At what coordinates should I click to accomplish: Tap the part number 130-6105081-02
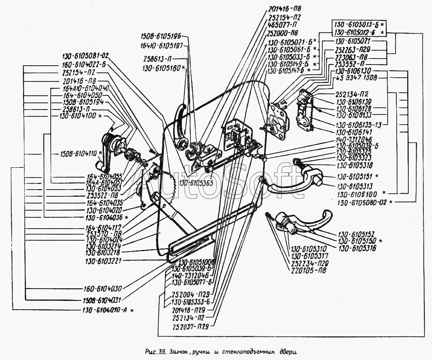[x=84, y=55]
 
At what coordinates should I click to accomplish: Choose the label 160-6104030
[x=102, y=289]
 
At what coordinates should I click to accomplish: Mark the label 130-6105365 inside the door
[x=196, y=183]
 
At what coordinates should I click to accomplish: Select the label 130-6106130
[x=353, y=71]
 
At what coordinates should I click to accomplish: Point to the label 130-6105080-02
[x=363, y=202]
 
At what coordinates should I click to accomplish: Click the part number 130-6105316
[x=357, y=248]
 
